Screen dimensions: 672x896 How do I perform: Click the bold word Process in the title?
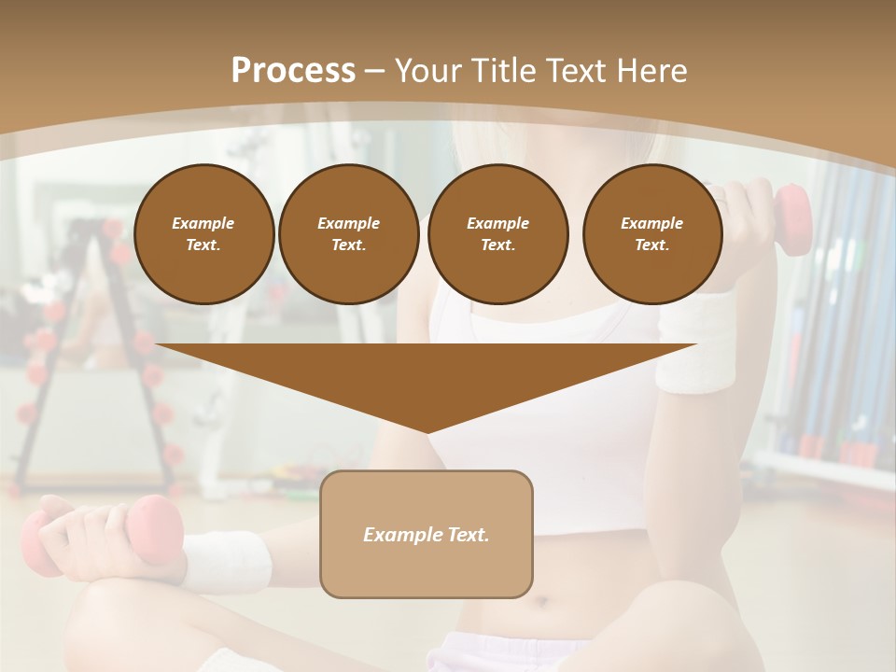coord(293,71)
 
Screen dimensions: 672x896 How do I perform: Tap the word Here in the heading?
coord(650,71)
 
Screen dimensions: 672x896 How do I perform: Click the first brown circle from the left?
coord(203,234)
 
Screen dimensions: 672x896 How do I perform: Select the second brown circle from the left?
coord(348,234)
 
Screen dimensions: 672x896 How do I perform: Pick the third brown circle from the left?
coord(497,234)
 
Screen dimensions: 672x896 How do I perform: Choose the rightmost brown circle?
coord(651,234)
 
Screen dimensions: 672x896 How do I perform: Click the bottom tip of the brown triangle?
coord(427,431)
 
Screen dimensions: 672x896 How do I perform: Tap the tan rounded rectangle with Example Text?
coord(426,534)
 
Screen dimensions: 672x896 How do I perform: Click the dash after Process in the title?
coord(375,72)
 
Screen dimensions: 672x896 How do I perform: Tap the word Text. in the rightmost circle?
coord(651,245)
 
